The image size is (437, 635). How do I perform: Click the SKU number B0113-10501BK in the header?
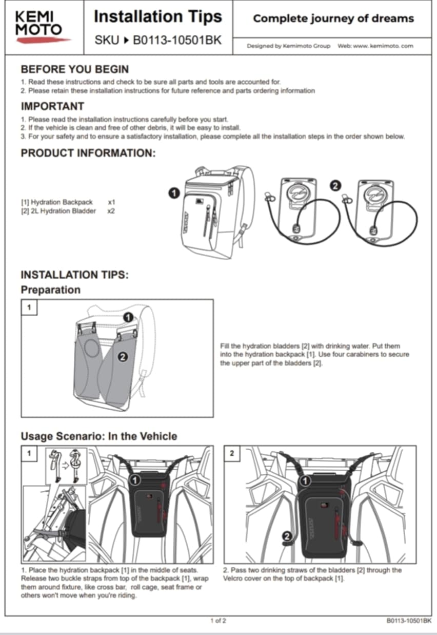coord(177,40)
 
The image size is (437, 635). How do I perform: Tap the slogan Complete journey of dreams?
coord(333,18)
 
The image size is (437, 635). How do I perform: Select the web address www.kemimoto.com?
coord(383,46)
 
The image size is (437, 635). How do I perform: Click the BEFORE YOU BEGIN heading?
coord(74,69)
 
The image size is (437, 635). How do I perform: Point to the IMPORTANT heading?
coord(52,106)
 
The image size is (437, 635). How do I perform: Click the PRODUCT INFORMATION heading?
coord(88,153)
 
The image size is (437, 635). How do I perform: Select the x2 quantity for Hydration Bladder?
coord(111,211)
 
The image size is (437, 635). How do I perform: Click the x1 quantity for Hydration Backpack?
coord(111,202)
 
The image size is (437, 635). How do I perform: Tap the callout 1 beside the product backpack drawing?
coord(173,193)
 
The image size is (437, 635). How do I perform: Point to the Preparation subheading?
coord(50,290)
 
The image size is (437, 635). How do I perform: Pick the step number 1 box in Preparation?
coord(29,307)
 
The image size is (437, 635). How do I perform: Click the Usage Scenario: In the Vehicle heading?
coord(98,436)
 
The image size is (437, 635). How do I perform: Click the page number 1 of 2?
coord(218,621)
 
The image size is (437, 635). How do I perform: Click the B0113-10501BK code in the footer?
coord(409,621)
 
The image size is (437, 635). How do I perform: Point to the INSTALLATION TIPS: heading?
coord(74,275)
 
